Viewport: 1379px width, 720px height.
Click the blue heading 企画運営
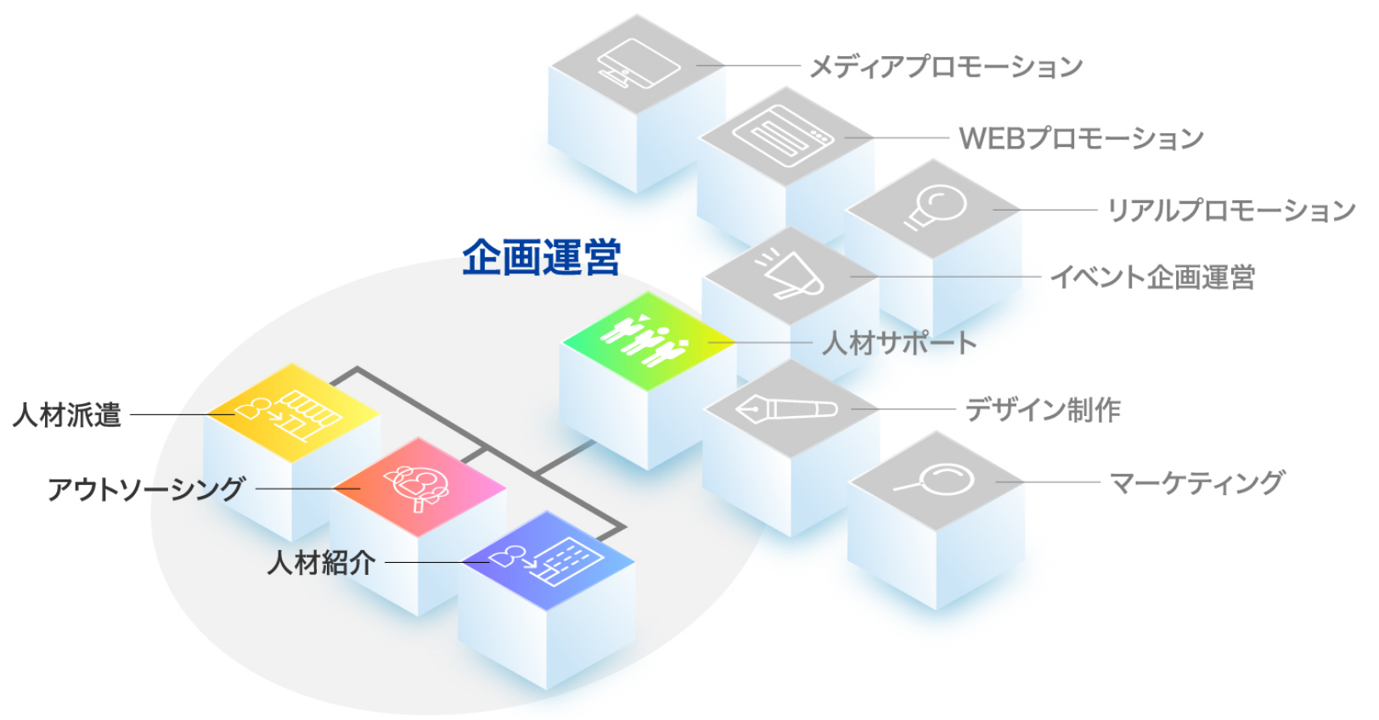541,257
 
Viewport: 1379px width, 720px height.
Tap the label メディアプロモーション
946,66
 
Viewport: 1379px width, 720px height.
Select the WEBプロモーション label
1081,138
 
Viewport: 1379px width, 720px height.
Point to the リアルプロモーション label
1230,210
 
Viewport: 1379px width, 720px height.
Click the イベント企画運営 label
1152,277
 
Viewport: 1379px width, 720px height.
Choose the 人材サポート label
899,343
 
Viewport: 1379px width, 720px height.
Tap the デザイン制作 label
1043,410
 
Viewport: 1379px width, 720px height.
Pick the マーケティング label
1197,482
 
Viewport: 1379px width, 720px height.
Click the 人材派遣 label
67,415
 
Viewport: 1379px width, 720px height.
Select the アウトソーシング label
147,489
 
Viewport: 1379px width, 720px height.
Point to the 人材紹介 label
321,562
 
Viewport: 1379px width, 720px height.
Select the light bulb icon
935,206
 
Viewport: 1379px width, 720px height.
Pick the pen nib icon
785,408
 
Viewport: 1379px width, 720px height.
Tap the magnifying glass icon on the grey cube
935,481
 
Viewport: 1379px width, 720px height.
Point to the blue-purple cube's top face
547,560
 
